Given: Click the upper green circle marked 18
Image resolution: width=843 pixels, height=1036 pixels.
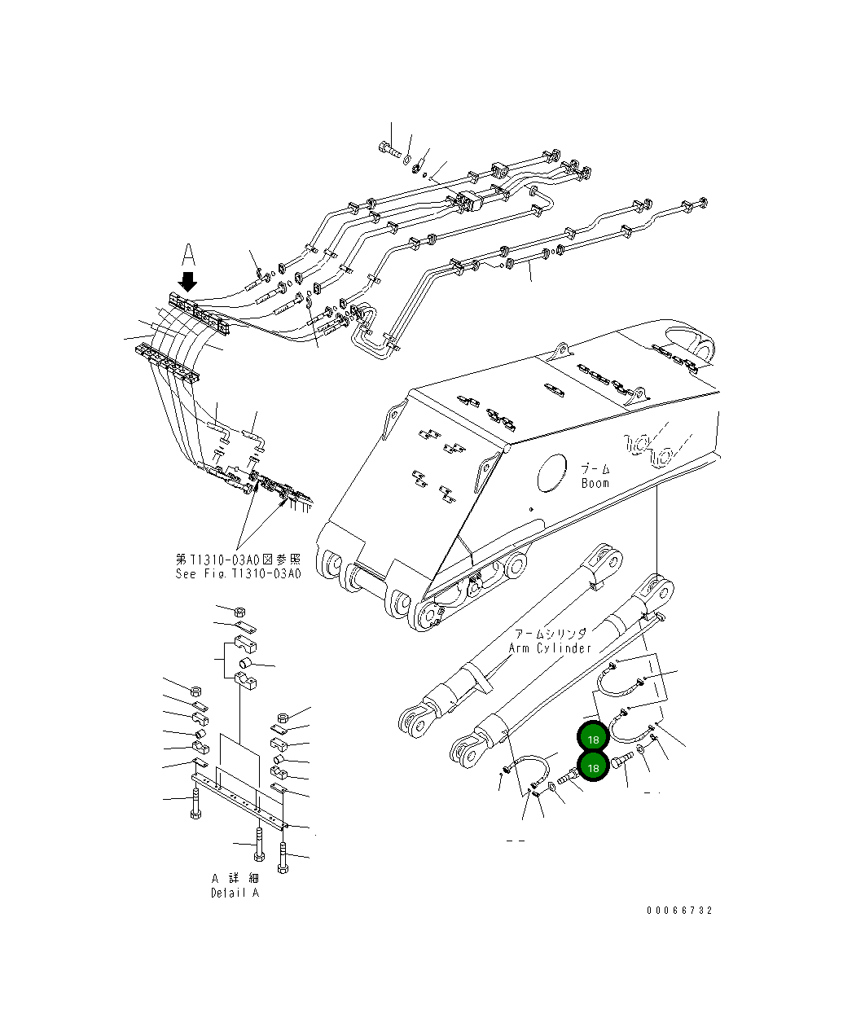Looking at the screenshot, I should point(593,738).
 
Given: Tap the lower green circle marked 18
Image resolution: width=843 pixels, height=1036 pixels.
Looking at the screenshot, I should point(593,767).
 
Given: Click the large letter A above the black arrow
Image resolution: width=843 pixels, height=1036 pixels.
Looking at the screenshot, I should point(188,256).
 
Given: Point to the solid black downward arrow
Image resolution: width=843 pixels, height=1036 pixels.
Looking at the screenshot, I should point(188,282).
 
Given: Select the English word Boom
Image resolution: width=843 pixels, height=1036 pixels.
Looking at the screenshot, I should point(595,483).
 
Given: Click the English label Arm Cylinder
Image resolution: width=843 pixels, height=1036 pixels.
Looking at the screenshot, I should point(550,648).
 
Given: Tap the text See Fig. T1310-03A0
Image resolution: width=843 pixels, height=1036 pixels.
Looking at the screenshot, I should point(238,573).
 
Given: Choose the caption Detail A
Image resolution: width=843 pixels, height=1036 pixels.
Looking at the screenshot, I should point(235,893).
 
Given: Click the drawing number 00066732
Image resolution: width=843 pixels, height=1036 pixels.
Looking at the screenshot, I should point(680,911).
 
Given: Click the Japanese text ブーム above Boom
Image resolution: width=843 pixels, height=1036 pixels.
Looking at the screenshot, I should point(595,469).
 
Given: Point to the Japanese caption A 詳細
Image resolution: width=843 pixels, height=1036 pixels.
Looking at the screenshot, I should point(235,879).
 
